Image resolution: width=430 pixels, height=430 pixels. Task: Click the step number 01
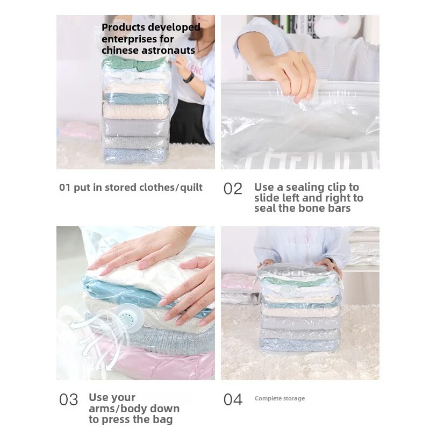(x=64, y=188)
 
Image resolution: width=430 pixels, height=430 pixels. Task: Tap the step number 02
(x=233, y=189)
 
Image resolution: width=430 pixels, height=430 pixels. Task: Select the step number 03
(x=68, y=400)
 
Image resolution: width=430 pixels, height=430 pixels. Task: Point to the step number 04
(x=233, y=400)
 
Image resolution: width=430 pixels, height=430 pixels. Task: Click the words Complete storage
(x=279, y=399)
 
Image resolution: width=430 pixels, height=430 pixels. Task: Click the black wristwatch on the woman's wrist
(x=189, y=78)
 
